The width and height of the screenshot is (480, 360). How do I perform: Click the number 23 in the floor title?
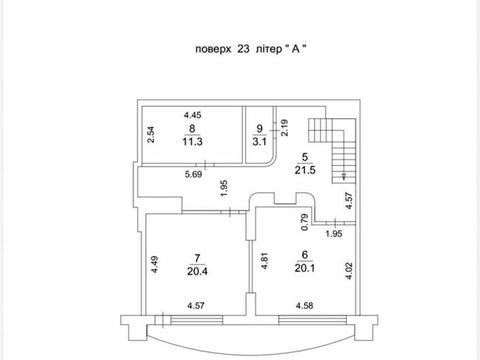coord(243,49)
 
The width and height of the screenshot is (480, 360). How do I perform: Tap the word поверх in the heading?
coord(213,49)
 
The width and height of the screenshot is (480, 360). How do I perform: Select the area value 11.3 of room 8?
coord(192,141)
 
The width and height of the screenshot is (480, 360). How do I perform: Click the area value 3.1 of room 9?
coord(259,142)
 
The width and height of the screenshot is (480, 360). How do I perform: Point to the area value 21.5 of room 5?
coord(305,170)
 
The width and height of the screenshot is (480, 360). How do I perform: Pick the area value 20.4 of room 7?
coord(197,271)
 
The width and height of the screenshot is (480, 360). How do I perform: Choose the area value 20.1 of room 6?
coord(305,268)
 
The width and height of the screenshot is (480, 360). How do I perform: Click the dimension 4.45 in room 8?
coord(193,115)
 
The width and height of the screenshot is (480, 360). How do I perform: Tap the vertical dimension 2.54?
coord(151,135)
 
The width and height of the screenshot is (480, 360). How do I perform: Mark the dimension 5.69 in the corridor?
coord(194,174)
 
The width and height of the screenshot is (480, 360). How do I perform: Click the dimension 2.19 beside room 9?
coord(284,128)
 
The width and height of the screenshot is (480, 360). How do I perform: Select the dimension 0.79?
coord(305,222)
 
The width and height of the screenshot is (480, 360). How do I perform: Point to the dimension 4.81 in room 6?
coord(264,261)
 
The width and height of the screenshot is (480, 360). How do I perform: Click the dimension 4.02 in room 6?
coord(349,271)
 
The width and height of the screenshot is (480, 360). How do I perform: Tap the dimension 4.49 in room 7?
coord(154,265)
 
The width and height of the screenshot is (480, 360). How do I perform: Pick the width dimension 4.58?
coord(304,305)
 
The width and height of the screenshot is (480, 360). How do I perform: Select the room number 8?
coord(192,128)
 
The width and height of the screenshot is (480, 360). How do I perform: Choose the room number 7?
coord(197,258)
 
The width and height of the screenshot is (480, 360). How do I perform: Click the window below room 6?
coord(312,320)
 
